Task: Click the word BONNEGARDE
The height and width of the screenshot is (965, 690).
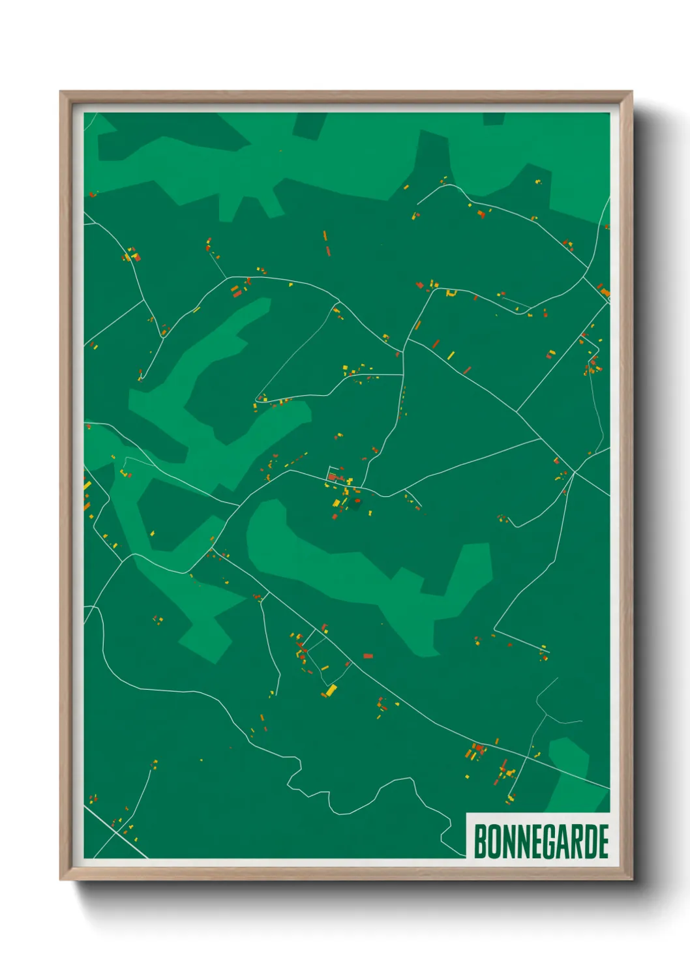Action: [x=541, y=841]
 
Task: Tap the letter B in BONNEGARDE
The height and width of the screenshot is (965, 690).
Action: [x=481, y=841]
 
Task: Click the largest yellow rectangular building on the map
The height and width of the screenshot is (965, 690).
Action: [x=331, y=689]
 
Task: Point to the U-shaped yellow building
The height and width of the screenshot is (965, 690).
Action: [x=450, y=293]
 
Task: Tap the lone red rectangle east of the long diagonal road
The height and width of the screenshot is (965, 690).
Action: [x=368, y=656]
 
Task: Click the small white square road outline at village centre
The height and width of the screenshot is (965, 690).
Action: [x=335, y=471]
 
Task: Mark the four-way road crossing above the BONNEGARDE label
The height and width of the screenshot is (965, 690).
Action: [x=545, y=716]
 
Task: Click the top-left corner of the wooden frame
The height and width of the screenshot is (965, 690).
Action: [x=61, y=93]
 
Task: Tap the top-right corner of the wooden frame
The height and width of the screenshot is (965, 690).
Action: [x=631, y=93]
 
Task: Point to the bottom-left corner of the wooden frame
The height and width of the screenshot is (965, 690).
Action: [x=61, y=878]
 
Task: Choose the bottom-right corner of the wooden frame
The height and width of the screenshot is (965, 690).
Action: [x=631, y=878]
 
